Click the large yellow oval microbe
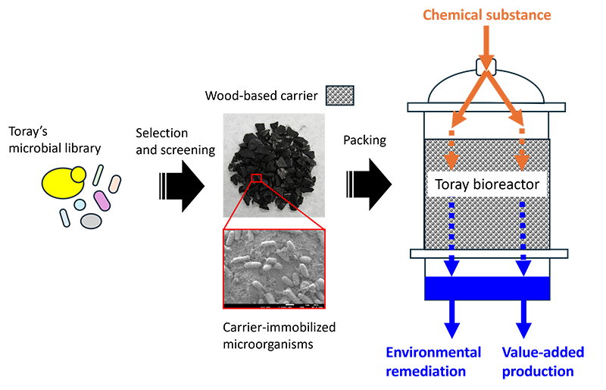pos(61,183)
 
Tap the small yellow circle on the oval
pos(77,175)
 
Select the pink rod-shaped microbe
pos(102,200)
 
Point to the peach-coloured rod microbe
pos(114,184)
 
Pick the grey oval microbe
pos(91,221)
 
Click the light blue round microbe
pos(80,204)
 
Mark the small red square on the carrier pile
pos(256,178)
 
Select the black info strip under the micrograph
pos(274,307)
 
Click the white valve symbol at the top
pos(486,67)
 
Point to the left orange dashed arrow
pos(452,154)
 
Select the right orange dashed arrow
pos(520,154)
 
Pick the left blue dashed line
pos(452,228)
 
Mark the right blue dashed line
pos(520,228)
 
